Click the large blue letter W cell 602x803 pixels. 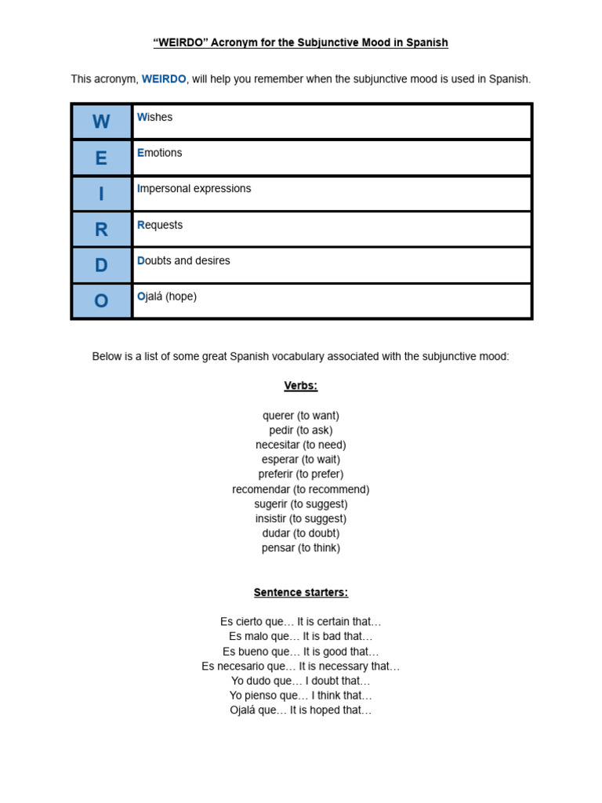pos(102,122)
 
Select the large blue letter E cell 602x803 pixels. pos(102,158)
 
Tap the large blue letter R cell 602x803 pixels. pos(102,230)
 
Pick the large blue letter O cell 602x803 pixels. pos(102,301)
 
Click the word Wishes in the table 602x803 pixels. pos(155,117)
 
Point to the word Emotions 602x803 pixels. pos(160,153)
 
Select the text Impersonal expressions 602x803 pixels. pos(194,189)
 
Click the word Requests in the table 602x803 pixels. pos(160,225)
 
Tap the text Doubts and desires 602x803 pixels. pos(184,260)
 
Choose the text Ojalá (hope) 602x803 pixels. pos(167,296)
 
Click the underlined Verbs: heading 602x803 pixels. pos(301,386)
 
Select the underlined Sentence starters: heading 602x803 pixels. pos(301,592)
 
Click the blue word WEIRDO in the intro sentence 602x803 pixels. pos(164,79)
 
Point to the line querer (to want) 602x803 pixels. pos(301,416)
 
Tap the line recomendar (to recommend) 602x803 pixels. pos(301,489)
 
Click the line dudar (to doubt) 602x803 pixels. pos(301,533)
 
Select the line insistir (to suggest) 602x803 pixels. pos(301,518)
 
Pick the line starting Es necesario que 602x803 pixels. pos(301,666)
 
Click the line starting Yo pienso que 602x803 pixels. pos(301,696)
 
